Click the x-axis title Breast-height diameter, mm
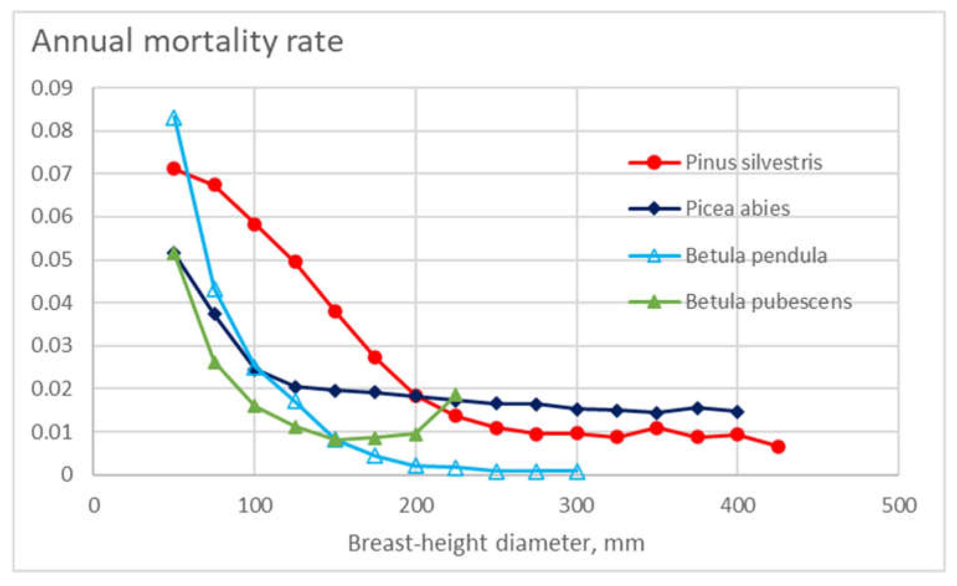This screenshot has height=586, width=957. tap(496, 543)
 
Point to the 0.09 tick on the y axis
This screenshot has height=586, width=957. tap(52, 88)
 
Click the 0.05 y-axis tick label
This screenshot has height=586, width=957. tap(52, 259)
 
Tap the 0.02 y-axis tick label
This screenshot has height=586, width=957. tap(52, 389)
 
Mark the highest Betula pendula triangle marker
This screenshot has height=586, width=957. tap(174, 119)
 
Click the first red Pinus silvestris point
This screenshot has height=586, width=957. tap(174, 169)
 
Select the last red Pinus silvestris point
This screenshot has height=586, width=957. tap(778, 447)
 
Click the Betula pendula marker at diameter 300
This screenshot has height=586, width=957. tap(577, 472)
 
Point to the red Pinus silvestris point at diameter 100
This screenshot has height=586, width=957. tap(254, 225)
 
